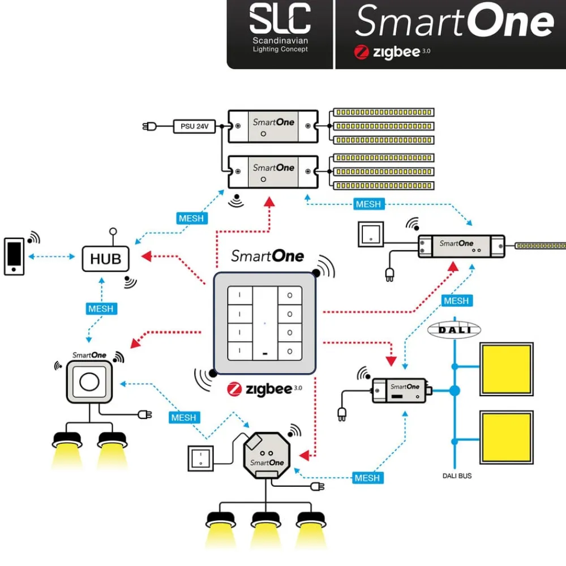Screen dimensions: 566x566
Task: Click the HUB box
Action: coord(106,259)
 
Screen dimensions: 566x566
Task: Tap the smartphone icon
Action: coord(14,256)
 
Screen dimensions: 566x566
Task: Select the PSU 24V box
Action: coord(194,126)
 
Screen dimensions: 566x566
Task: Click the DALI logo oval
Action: coord(454,331)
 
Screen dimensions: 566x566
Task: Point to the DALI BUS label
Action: coord(457,476)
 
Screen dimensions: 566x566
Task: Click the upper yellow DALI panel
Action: coord(507,368)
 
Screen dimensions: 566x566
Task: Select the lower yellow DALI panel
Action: coord(507,438)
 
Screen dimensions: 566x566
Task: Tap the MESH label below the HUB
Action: coord(101,309)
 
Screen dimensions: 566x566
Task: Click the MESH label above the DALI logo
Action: coord(456,301)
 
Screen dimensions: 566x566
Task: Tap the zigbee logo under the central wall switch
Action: coord(260,389)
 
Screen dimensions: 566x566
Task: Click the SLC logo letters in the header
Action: coord(280,19)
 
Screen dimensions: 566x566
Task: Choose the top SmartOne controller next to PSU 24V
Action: coord(273,126)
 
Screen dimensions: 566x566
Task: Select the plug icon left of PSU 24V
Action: coord(149,126)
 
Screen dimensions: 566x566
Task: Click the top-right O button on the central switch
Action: coord(290,295)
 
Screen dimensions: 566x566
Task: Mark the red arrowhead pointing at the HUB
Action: coord(146,257)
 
